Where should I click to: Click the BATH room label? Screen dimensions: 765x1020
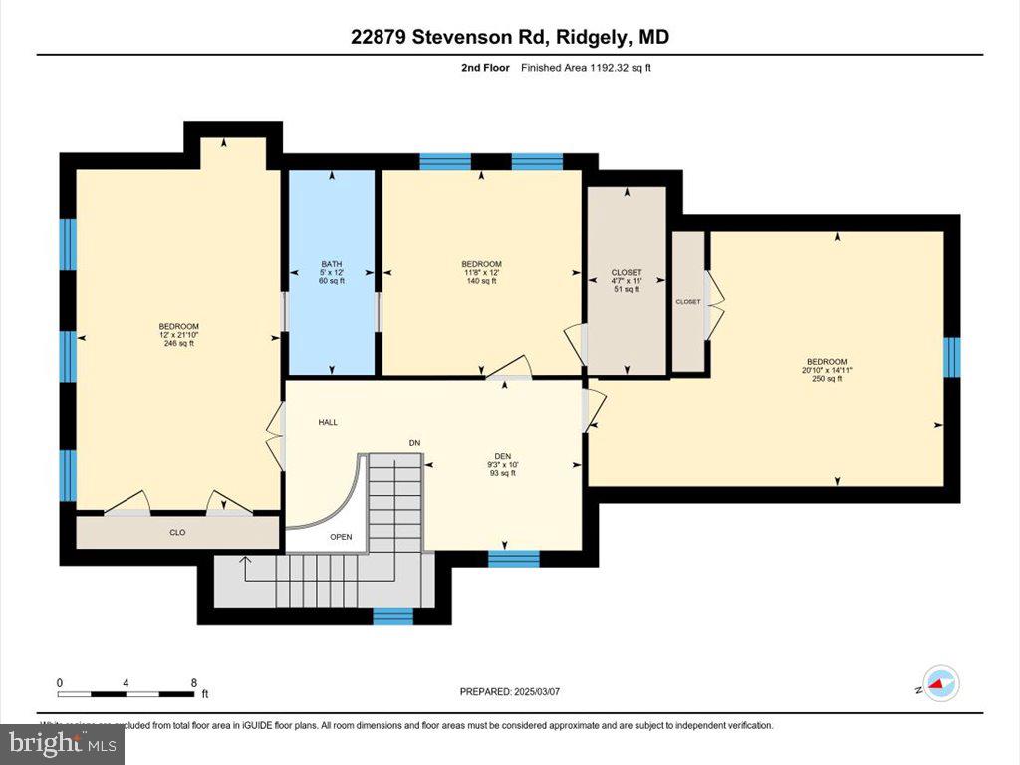point(331,264)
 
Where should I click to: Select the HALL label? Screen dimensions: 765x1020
point(328,422)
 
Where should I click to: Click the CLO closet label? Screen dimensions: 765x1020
point(177,533)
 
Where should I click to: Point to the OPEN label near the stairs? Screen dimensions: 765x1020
point(342,537)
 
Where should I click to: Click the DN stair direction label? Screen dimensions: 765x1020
point(414,443)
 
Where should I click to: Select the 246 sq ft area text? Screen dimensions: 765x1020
point(178,344)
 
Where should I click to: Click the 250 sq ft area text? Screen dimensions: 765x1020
point(827,379)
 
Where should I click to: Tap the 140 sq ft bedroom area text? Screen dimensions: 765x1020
point(481,281)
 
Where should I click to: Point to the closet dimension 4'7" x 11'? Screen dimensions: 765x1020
point(627,281)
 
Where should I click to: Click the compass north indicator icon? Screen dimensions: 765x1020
point(941,683)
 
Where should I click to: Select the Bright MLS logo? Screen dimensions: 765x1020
point(62,743)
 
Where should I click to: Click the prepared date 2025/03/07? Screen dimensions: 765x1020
point(517,692)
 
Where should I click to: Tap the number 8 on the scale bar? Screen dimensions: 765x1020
point(193,683)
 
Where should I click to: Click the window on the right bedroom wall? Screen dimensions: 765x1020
point(952,357)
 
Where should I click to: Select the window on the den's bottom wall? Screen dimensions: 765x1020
point(513,559)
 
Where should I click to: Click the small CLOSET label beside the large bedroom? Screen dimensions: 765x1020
point(688,301)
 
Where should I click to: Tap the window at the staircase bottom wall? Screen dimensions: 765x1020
point(392,616)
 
